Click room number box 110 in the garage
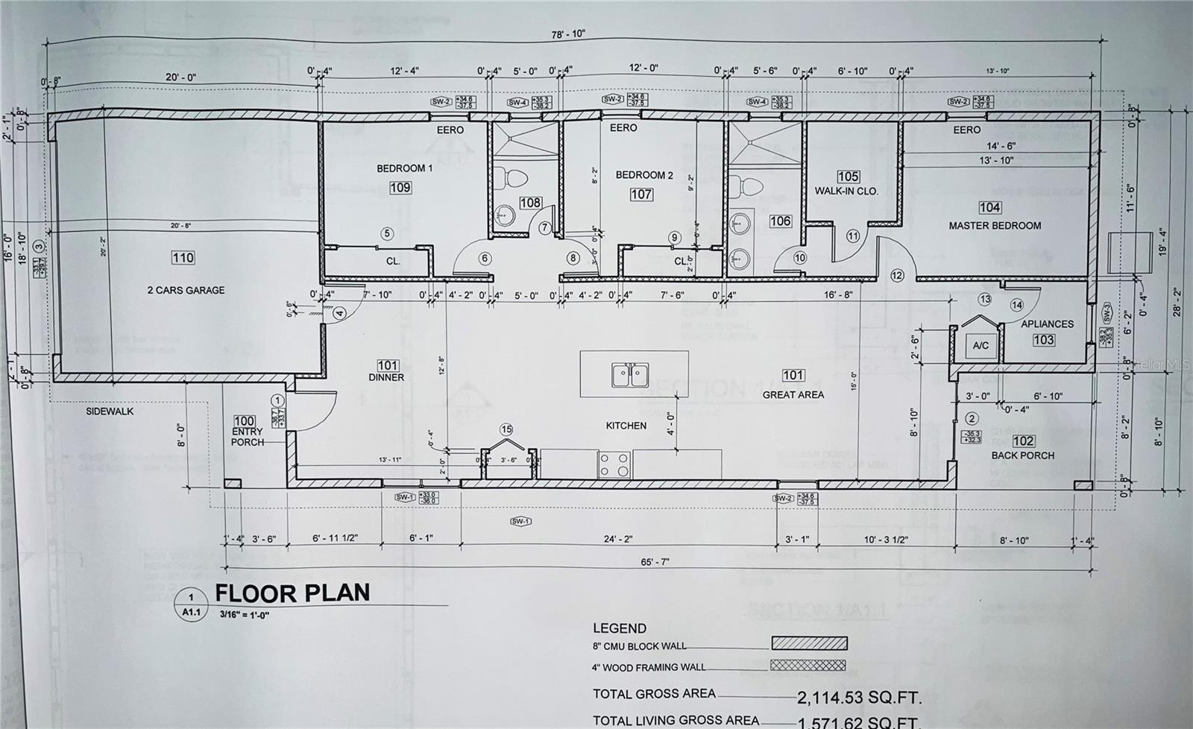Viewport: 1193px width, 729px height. point(183,258)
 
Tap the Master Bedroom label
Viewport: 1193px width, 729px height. point(995,225)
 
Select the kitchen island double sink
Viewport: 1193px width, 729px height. point(630,374)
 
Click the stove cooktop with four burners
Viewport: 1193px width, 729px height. point(614,464)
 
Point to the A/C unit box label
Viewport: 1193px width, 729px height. point(980,345)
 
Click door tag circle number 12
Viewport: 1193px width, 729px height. point(897,276)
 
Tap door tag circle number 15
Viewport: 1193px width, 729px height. point(507,429)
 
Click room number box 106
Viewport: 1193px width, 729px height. point(781,221)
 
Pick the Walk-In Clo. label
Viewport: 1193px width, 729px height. point(846,191)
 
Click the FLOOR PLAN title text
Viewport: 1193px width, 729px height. point(292,593)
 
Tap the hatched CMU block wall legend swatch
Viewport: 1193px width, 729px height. point(809,643)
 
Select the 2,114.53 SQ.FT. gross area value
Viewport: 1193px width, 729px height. point(859,698)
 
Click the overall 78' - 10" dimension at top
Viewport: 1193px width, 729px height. point(569,34)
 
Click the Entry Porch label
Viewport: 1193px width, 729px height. point(248,437)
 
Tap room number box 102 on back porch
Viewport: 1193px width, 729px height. point(1023,441)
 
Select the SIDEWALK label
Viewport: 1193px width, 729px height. point(110,411)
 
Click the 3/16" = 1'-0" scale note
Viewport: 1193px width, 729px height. point(245,615)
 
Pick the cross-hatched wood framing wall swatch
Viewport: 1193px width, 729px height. point(809,665)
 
